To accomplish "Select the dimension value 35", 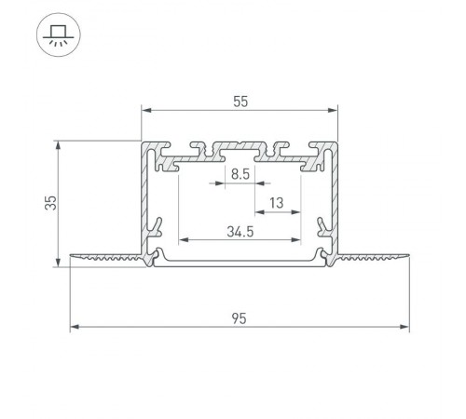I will point(52,202).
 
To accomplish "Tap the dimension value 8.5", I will point(240,173).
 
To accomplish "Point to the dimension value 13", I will point(278,203).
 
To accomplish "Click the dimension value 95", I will point(240,318).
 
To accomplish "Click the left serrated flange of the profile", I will point(107,256).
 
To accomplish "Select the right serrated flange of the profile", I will point(373,256).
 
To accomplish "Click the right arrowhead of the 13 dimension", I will point(298,213).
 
